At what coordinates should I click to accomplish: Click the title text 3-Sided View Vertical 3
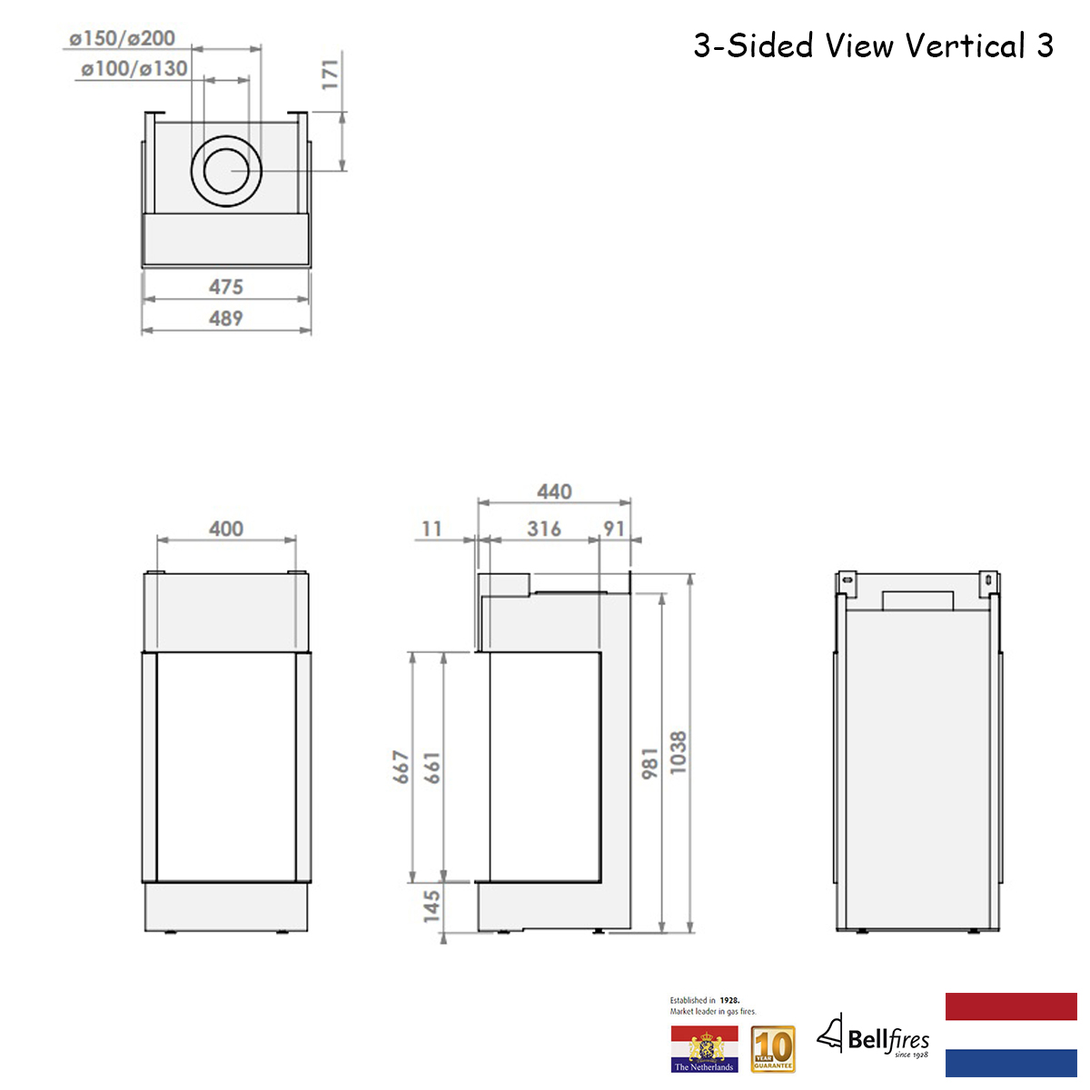873,45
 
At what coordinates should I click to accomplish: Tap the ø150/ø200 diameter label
123,38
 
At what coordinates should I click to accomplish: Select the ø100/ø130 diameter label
134,68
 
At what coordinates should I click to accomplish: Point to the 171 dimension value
330,74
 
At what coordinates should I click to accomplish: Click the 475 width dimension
226,287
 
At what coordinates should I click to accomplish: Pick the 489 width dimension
226,319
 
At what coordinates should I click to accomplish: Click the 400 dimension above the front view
226,529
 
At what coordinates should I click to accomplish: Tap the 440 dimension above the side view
554,491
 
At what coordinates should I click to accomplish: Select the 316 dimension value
544,529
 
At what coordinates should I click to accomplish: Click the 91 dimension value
615,529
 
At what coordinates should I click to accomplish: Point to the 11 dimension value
431,529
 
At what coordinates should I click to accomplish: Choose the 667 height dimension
401,768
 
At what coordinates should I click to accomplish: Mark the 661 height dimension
432,768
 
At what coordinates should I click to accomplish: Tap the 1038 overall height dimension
679,753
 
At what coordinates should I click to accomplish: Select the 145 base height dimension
432,906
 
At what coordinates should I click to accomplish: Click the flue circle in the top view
227,171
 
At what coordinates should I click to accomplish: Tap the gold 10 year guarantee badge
773,1049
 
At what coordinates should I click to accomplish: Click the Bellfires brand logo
874,1037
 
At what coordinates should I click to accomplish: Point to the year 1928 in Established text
729,1000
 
